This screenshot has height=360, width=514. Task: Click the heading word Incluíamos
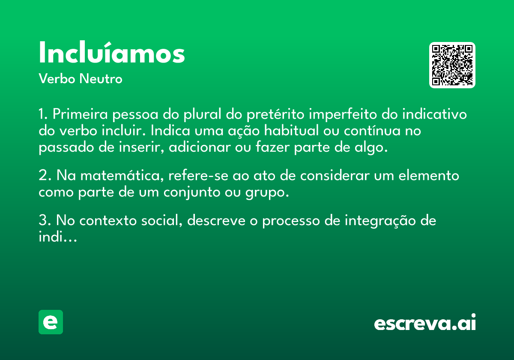pyautogui.click(x=112, y=52)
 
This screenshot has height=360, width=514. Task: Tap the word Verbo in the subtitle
pyautogui.click(x=57, y=79)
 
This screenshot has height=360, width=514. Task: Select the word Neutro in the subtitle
pyautogui.click(x=101, y=79)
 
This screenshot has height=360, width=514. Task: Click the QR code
pyautogui.click(x=452, y=65)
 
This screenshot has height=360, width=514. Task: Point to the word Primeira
pyautogui.click(x=80, y=114)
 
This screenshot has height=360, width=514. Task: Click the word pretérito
pyautogui.click(x=275, y=114)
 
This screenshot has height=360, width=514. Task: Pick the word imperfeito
pyautogui.click(x=343, y=114)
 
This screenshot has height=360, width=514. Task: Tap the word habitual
pyautogui.click(x=291, y=130)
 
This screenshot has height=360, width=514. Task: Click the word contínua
pyautogui.click(x=372, y=130)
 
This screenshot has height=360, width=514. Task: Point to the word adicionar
pyautogui.click(x=200, y=147)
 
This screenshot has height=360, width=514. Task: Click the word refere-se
pyautogui.click(x=198, y=176)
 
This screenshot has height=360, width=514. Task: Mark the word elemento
pyautogui.click(x=429, y=176)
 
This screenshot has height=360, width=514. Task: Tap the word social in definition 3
pyautogui.click(x=162, y=220)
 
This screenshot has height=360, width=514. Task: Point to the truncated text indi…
pyautogui.click(x=58, y=237)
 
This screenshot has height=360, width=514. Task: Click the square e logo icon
pyautogui.click(x=51, y=322)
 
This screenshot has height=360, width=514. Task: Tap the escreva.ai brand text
pyautogui.click(x=425, y=322)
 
